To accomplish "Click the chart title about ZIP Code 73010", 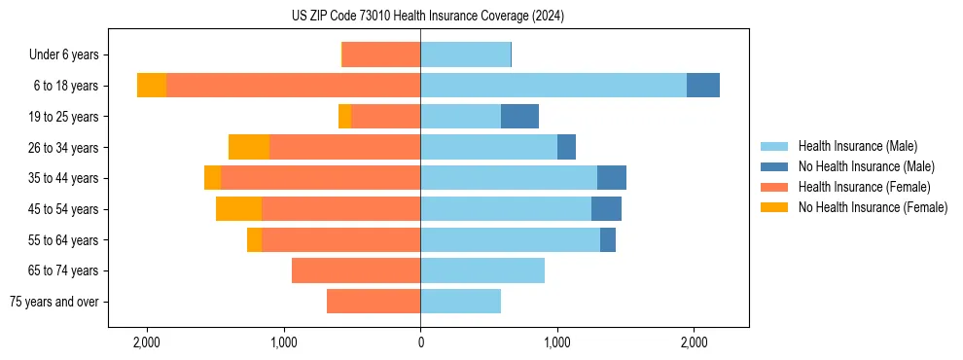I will (x=427, y=17).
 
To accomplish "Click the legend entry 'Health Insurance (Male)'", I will (x=857, y=146).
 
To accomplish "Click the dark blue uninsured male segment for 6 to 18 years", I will (x=703, y=86).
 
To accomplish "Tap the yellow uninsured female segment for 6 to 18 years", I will (x=152, y=86).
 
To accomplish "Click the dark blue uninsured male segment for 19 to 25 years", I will (x=519, y=117).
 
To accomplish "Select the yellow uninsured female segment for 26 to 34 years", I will (x=249, y=147).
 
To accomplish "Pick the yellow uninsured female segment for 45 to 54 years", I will (x=238, y=209).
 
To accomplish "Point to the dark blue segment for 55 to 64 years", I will (x=608, y=239).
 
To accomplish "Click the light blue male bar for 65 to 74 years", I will (x=482, y=270).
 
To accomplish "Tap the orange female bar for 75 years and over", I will (x=374, y=302).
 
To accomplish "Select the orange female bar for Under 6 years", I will (x=381, y=55).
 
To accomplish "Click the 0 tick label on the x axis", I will (x=420, y=342).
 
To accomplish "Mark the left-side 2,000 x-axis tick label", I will (x=147, y=342).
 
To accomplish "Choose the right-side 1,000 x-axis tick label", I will (x=557, y=342).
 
